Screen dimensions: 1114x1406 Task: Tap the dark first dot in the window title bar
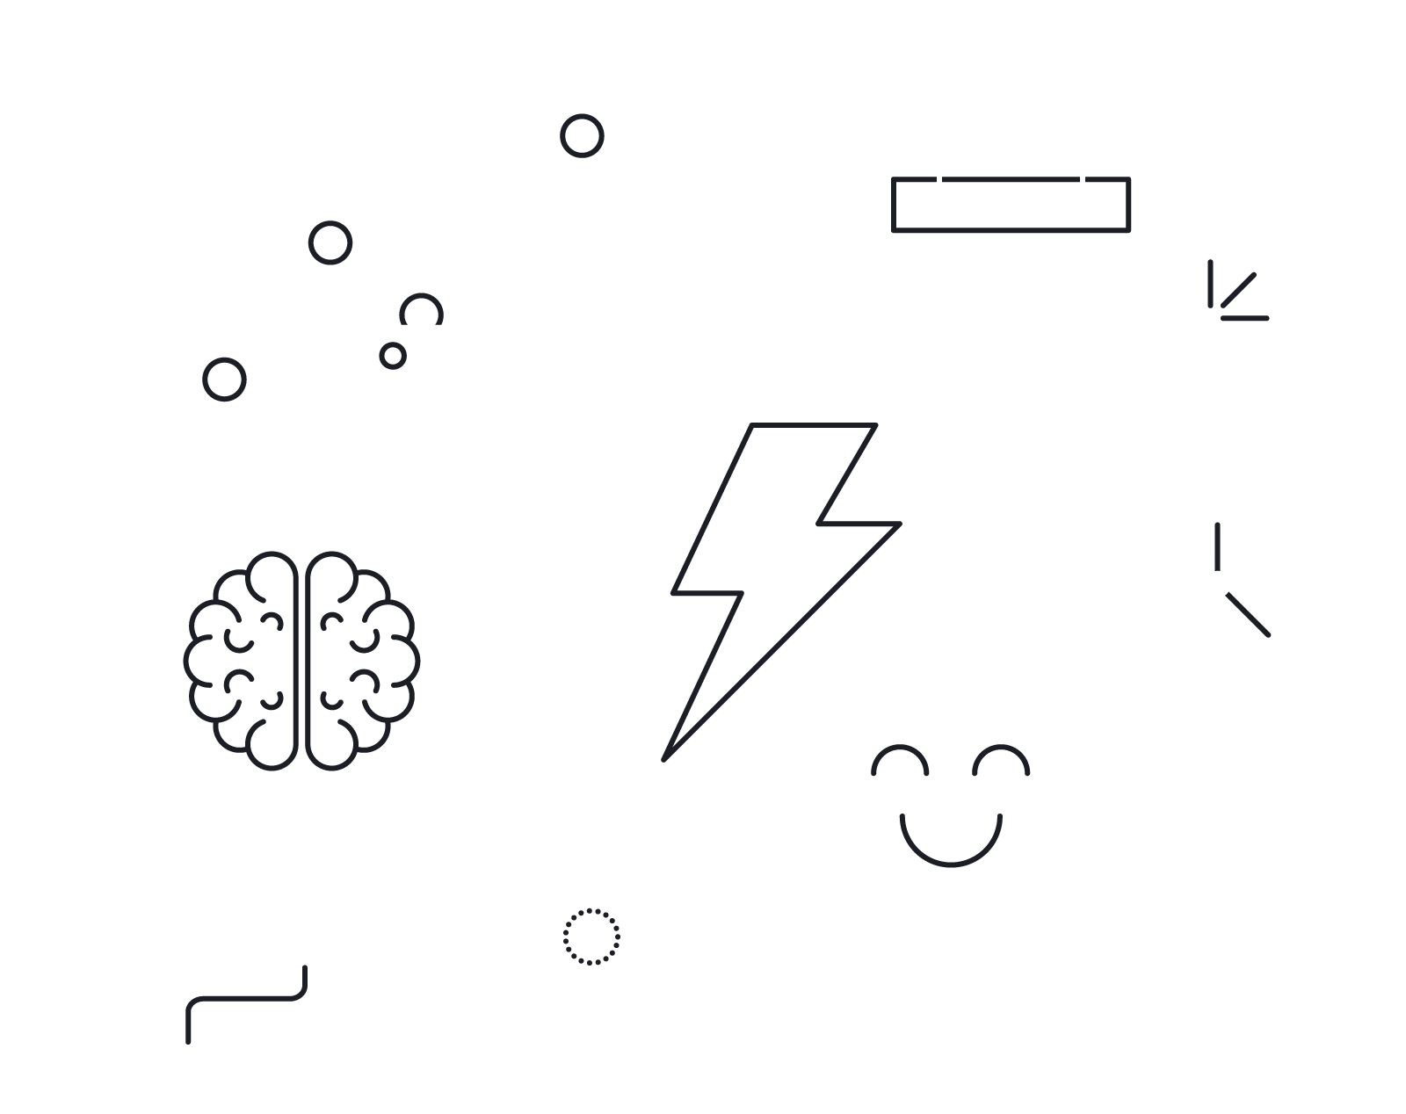tap(392, 356)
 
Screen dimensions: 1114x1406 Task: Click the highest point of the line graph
tap(582, 136)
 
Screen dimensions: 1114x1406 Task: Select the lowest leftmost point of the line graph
tap(224, 380)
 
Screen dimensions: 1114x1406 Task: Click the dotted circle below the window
tap(591, 937)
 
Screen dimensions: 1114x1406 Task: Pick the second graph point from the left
tap(330, 242)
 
